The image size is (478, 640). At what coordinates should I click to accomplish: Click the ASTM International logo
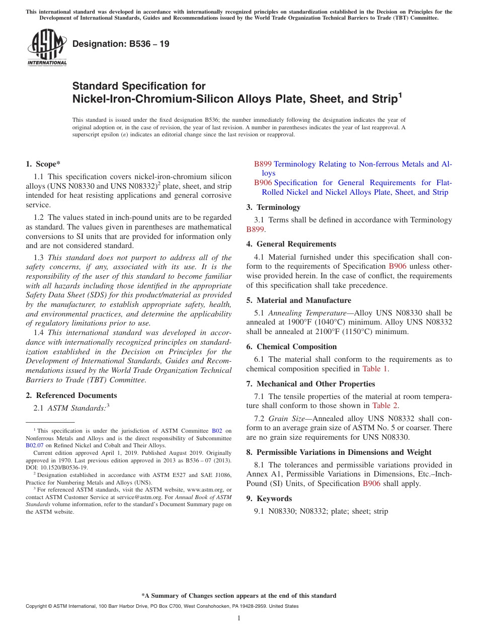[47, 47]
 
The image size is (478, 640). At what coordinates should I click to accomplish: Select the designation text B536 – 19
[121, 44]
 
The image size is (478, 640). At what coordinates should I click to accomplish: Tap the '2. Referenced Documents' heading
[71, 395]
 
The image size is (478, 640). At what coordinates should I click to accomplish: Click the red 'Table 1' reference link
[375, 369]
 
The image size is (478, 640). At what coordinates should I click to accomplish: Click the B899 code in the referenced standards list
[263, 164]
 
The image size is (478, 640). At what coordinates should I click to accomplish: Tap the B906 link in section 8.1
[371, 484]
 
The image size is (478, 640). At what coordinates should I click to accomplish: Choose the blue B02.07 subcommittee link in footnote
[35, 445]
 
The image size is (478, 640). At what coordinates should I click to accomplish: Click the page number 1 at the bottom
[239, 618]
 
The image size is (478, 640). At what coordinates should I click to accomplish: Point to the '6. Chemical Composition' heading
[292, 347]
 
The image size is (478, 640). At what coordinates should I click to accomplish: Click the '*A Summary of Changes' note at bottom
[239, 596]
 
